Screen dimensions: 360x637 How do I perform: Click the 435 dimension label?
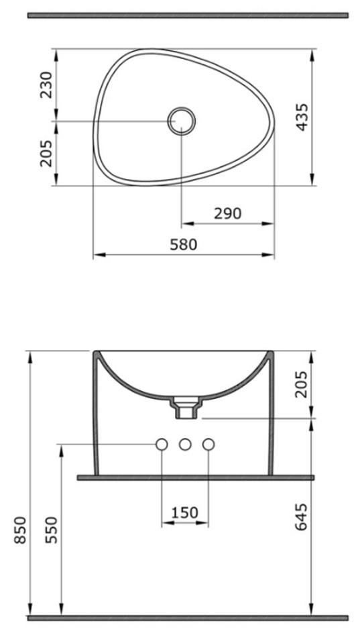[x=302, y=117]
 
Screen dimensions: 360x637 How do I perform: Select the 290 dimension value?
[x=227, y=213]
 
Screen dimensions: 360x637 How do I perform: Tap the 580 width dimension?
[x=183, y=245]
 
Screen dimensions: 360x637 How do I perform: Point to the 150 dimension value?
[x=184, y=513]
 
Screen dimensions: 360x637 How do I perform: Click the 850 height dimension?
[x=20, y=530]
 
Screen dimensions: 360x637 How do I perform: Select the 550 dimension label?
[x=52, y=530]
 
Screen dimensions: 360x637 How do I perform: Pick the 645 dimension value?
[x=302, y=517]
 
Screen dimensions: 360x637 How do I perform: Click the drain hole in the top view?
[x=182, y=121]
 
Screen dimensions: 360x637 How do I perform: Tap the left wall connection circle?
[x=162, y=445]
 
